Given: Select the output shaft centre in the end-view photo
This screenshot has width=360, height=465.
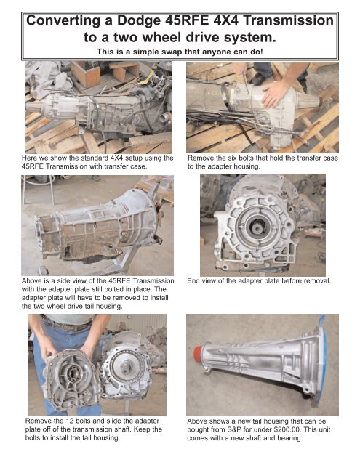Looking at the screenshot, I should click(x=260, y=225).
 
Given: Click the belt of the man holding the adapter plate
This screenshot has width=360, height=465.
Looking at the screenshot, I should click(x=58, y=325).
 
